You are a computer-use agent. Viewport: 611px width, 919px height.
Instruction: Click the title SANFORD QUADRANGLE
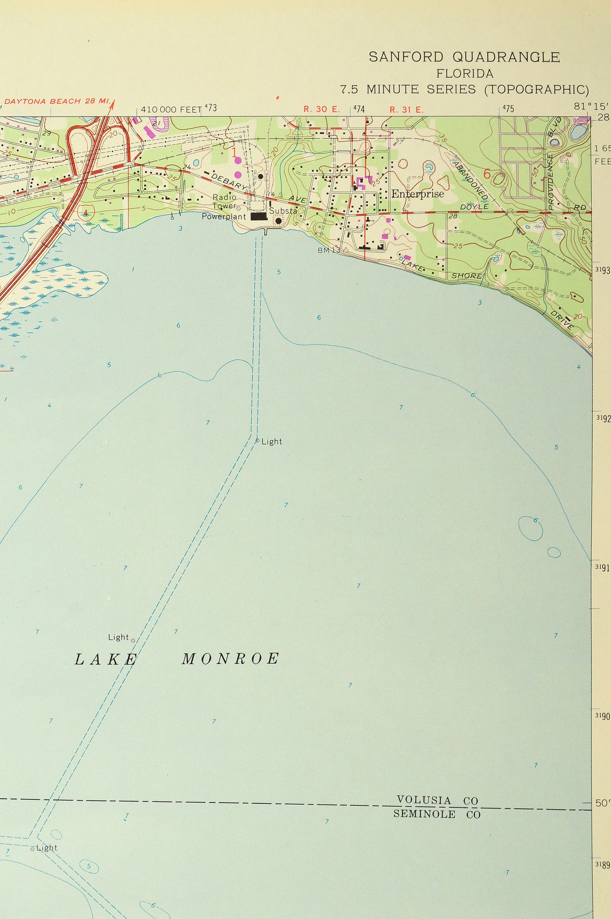464,57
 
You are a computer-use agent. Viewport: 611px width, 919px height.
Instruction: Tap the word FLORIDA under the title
464,74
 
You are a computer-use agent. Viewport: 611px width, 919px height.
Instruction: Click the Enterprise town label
417,194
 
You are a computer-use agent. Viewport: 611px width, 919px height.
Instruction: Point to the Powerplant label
224,217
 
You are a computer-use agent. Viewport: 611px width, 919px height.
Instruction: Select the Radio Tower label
224,201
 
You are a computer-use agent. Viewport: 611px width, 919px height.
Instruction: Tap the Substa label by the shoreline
283,211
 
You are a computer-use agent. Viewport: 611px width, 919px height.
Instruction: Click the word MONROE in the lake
230,659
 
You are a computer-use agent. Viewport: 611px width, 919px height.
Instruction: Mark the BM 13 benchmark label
329,250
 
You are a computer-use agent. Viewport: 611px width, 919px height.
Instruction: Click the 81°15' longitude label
586,106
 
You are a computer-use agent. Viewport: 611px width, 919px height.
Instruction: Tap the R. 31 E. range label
406,110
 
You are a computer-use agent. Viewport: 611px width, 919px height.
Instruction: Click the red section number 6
487,174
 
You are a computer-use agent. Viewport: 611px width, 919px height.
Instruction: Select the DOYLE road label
474,207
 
